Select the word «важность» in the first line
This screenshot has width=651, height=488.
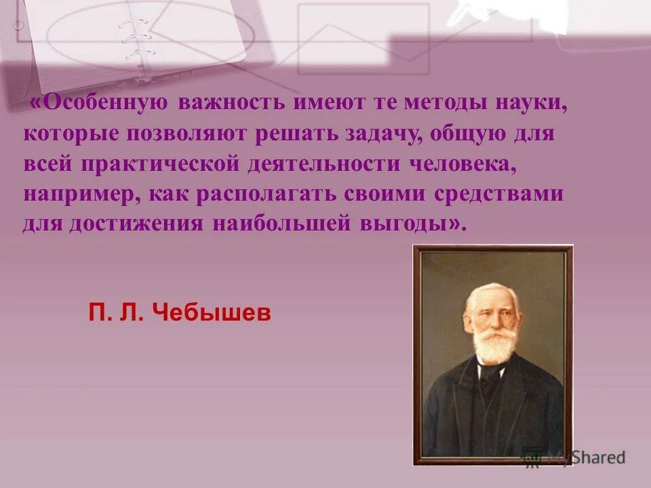[x=230, y=103]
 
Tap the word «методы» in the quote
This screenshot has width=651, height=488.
[x=451, y=103]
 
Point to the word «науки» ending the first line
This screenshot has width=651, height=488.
[x=534, y=103]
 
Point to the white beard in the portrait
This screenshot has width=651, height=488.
[x=494, y=342]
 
